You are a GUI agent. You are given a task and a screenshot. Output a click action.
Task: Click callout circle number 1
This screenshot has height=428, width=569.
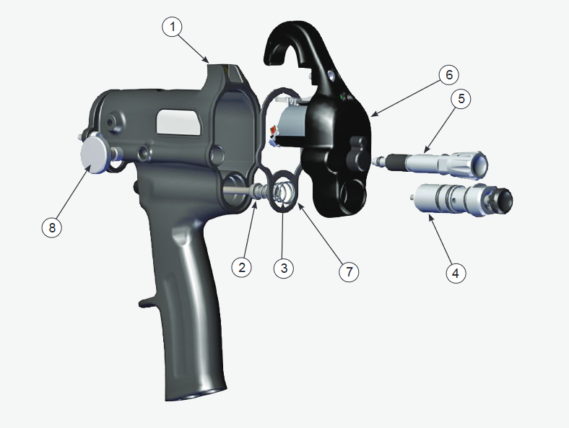coord(171,27)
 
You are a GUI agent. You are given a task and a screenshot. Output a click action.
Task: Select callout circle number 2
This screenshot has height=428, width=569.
coord(242,266)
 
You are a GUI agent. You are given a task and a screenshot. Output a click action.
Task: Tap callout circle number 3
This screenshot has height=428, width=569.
coord(284,268)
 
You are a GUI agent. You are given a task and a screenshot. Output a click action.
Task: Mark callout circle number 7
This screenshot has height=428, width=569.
coord(349,271)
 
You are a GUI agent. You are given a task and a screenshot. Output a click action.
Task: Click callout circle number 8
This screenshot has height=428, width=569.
coord(51,227)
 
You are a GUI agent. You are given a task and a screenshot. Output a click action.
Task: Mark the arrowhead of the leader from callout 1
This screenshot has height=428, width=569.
coord(209,61)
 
